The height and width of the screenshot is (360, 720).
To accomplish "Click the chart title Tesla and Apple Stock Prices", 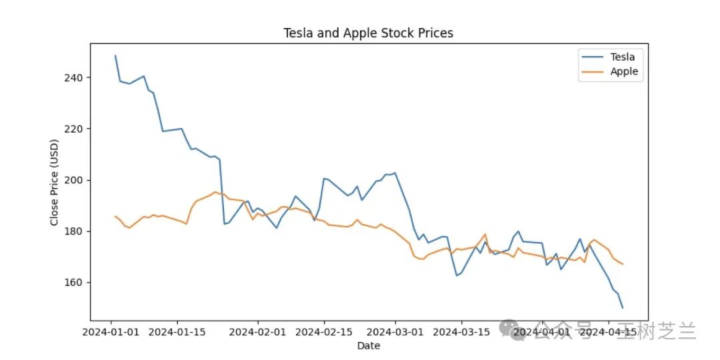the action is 368,33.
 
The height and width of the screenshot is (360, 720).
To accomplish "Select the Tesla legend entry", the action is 609,57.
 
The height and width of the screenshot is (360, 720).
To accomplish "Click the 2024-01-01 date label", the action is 111,331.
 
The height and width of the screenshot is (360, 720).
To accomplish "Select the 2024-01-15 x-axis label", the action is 177,331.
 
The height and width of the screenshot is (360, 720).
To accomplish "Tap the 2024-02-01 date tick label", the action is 257,331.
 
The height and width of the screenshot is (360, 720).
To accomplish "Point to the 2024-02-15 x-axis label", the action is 324,331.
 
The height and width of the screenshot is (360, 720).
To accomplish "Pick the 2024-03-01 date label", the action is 395,331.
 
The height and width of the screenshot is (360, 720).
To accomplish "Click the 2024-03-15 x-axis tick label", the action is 461,331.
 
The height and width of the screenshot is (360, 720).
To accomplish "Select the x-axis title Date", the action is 369,346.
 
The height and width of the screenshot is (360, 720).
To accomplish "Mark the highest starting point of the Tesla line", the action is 115,55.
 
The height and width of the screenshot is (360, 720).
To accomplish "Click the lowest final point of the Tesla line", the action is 623,307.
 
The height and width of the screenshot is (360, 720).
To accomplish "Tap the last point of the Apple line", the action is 623,264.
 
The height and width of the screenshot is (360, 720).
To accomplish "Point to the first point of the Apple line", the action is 115,216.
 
